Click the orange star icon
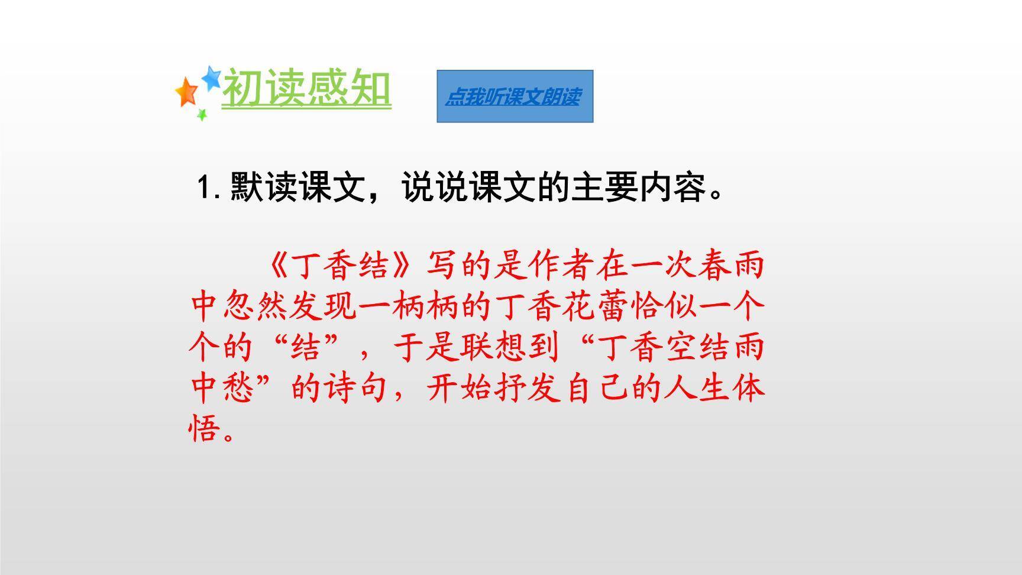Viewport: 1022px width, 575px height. (x=187, y=92)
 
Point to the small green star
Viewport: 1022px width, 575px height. (x=202, y=114)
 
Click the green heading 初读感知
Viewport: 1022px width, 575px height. (x=306, y=89)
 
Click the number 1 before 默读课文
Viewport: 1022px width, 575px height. (x=205, y=187)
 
